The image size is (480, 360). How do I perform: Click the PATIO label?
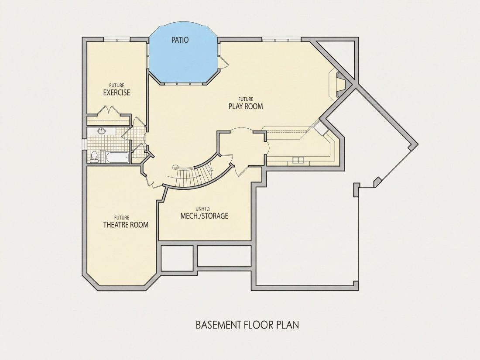click(180, 40)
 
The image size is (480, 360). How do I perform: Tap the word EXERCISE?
click(117, 93)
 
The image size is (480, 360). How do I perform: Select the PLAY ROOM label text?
click(246, 106)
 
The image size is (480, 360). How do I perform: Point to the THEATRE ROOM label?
click(126, 225)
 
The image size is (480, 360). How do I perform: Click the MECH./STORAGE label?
click(205, 216)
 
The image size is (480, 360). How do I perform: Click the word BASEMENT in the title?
click(218, 325)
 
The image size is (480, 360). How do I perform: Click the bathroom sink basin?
click(101, 131)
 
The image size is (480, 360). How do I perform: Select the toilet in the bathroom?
click(94, 156)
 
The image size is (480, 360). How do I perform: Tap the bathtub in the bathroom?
click(117, 158)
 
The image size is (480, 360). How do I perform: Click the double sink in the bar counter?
click(298, 159)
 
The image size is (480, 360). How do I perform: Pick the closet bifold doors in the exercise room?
click(108, 110)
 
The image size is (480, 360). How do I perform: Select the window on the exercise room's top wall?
click(117, 39)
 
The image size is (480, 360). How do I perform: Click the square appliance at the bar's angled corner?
click(322, 128)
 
